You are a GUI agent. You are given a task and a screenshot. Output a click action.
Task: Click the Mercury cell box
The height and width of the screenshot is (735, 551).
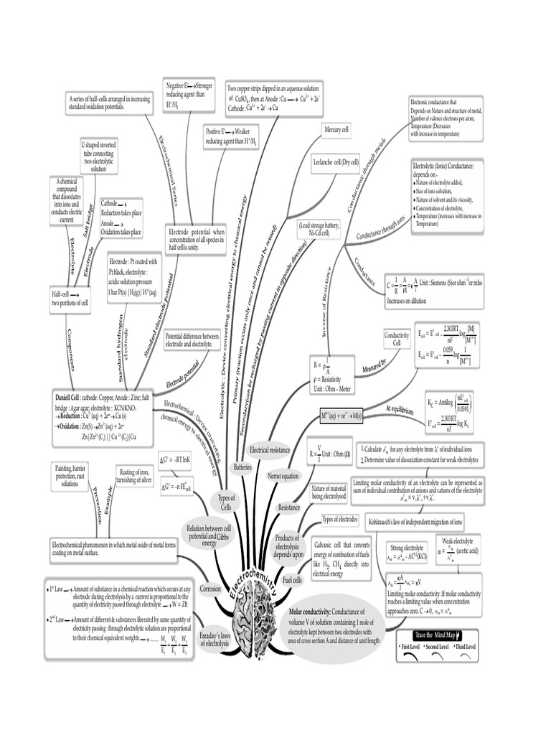click(x=336, y=130)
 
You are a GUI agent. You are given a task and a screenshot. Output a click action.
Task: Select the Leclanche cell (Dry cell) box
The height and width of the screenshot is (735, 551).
click(x=336, y=163)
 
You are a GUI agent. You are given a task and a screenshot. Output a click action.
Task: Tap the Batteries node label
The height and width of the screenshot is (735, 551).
click(x=242, y=467)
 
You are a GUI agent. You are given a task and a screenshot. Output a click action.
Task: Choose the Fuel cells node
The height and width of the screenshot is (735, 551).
click(x=293, y=579)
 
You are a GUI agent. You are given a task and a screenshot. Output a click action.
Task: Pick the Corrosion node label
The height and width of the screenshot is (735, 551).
click(x=211, y=587)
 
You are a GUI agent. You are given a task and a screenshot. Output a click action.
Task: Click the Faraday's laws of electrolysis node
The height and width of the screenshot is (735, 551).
click(x=215, y=639)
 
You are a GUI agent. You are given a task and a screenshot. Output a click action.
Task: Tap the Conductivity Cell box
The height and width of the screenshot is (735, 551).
click(x=396, y=339)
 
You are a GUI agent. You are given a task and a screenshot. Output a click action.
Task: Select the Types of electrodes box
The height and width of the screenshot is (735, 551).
click(x=339, y=519)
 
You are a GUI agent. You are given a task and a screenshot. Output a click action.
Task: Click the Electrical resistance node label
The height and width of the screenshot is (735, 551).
click(x=269, y=449)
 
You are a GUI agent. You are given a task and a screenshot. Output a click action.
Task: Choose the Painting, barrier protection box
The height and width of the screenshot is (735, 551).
click(x=70, y=476)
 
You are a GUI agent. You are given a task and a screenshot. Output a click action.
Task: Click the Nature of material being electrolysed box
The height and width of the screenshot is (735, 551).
click(x=328, y=492)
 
